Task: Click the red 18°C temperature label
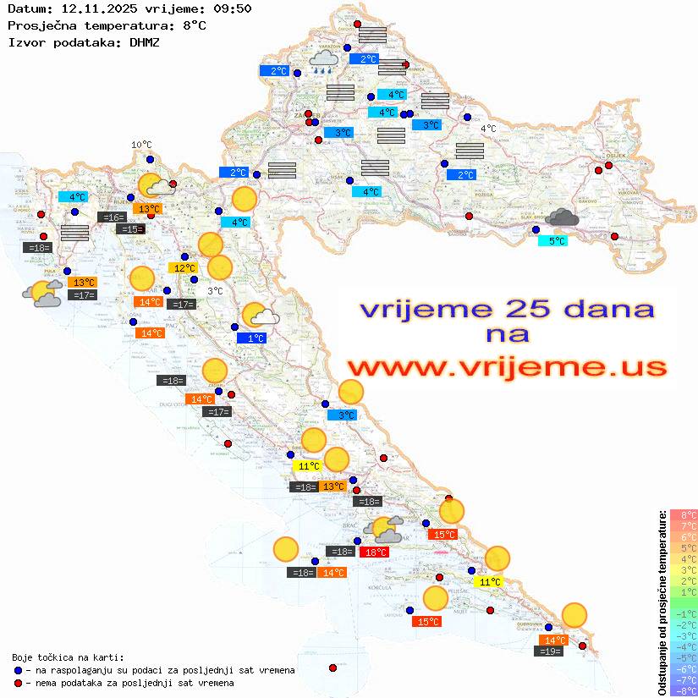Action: point(375,552)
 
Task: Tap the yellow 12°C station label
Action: point(184,268)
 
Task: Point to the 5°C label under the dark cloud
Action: point(552,241)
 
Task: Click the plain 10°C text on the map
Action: point(141,145)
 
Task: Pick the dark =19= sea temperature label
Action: point(550,651)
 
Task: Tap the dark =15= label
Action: point(131,229)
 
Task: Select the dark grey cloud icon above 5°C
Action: point(562,217)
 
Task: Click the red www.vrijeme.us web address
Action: point(507,368)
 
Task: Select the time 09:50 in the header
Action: point(234,8)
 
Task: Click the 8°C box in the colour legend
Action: point(683,515)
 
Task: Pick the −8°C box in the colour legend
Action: point(683,690)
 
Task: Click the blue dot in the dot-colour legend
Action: point(18,670)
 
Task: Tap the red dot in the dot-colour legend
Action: point(18,683)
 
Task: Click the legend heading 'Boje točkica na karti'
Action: point(68,657)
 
